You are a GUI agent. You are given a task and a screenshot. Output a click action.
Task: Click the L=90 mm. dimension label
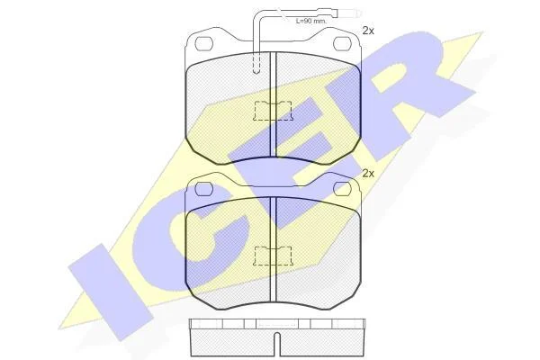(311, 21)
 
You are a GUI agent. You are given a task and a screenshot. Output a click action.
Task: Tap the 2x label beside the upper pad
(368, 31)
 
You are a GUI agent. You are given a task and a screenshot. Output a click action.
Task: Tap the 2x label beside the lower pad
(368, 174)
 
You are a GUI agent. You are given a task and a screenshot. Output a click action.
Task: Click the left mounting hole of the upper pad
(204, 42)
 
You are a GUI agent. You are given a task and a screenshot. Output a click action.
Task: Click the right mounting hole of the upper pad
(342, 42)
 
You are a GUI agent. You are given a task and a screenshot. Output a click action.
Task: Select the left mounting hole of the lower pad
(204, 188)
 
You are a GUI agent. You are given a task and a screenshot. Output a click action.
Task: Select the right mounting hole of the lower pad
(342, 188)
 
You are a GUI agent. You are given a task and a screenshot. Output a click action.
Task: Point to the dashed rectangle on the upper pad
(273, 111)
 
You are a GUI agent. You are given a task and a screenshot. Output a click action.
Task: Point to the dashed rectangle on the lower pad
(273, 256)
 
